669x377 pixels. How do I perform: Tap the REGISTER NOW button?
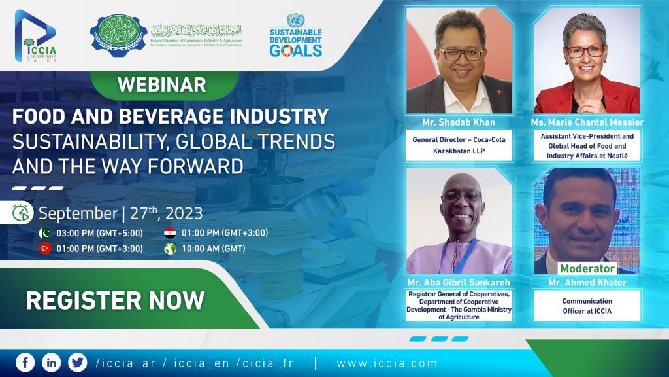click(115, 300)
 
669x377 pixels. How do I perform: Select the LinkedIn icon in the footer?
click(51, 363)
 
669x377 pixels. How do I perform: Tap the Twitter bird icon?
click(77, 363)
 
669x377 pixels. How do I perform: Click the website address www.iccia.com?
click(387, 363)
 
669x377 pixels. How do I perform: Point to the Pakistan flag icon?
click(45, 233)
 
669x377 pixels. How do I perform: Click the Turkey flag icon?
click(45, 249)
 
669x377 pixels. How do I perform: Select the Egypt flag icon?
click(170, 233)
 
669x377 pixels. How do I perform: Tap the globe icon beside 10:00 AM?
click(170, 249)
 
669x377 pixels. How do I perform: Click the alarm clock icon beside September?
click(22, 213)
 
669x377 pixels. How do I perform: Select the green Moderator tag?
click(587, 268)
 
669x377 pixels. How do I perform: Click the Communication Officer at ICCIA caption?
click(587, 306)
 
